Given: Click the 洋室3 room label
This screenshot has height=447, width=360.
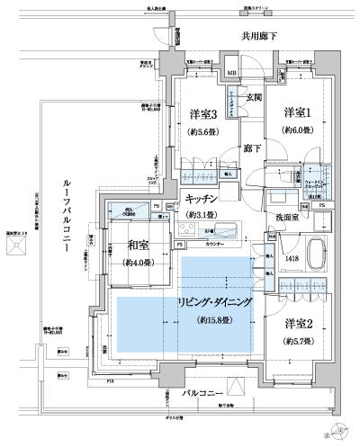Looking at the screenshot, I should click(202, 114).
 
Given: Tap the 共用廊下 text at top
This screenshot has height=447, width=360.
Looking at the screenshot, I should click(260, 37).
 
